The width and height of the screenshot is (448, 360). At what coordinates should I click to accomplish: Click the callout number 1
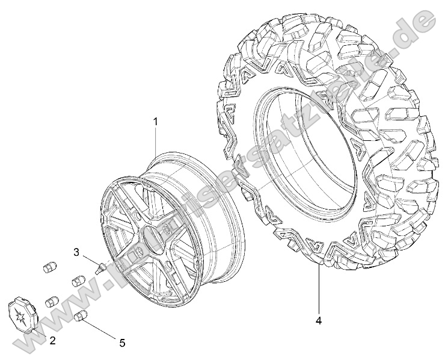pos(155,122)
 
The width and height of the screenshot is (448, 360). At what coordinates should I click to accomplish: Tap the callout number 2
pos(52,341)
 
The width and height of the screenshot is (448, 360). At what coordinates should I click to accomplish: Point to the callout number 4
pos(318,320)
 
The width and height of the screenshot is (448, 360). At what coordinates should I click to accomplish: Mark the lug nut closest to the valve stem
pos(77,281)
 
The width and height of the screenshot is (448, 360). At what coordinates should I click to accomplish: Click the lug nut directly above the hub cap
pos(52,300)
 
